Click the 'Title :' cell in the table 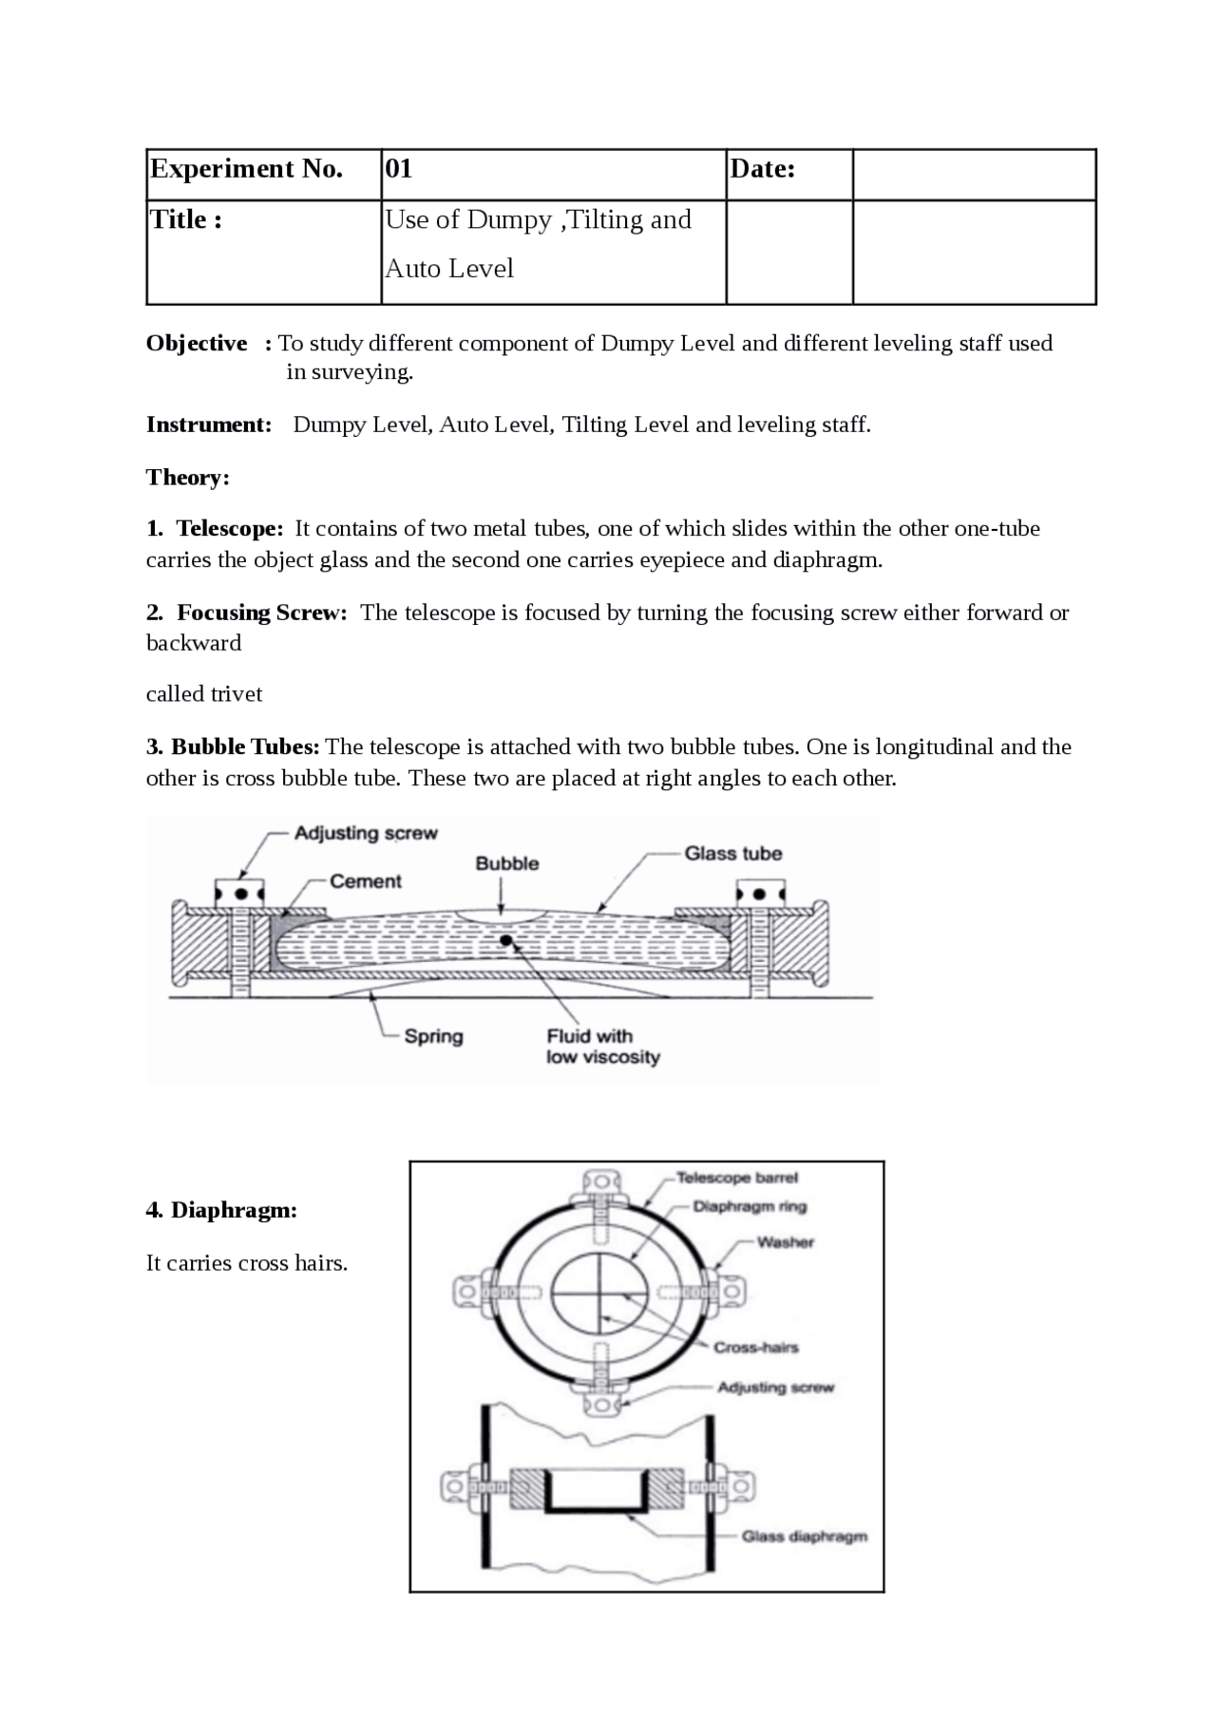[186, 220]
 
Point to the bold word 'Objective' [197, 343]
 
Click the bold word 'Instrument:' [209, 425]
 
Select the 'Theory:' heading [188, 477]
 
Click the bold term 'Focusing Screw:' [261, 613]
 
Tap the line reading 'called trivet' [204, 694]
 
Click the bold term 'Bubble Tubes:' [245, 747]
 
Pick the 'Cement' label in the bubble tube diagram [366, 881]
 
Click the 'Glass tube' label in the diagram [732, 854]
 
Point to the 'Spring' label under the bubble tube [433, 1036]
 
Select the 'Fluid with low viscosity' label [602, 1047]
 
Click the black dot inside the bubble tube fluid [506, 940]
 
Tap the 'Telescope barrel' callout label [737, 1178]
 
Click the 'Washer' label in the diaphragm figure [785, 1242]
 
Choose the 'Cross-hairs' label [755, 1348]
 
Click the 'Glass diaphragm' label [804, 1537]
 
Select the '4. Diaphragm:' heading [221, 1210]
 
